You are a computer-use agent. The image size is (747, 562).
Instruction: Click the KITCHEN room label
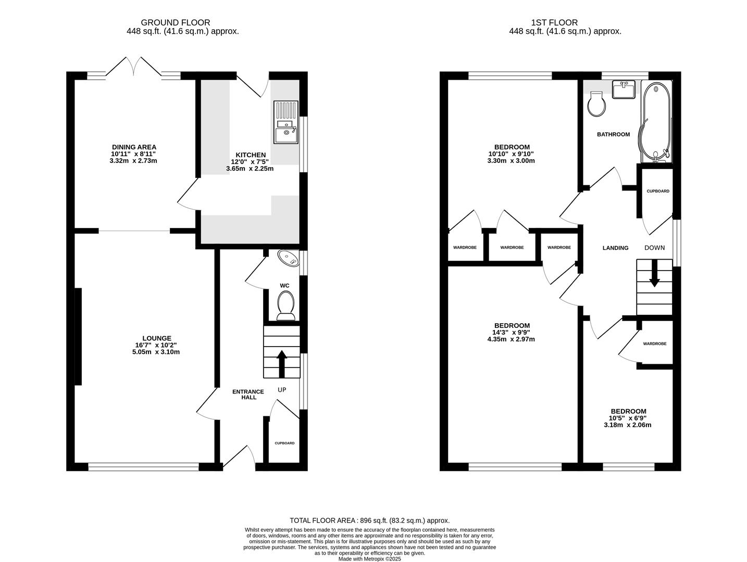tap(251, 155)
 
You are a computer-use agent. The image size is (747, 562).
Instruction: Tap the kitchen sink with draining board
tap(285, 122)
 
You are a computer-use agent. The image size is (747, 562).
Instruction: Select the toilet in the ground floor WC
tap(285, 305)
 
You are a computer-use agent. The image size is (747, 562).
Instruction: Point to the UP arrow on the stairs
tap(281, 364)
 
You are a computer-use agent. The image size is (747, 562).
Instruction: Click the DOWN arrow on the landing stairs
tap(654, 274)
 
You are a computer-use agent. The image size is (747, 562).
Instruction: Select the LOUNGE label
tap(157, 338)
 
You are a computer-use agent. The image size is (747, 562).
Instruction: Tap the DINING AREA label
tap(134, 147)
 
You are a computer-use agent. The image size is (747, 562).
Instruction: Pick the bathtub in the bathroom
tap(656, 122)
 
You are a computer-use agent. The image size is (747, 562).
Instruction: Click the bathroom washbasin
tap(624, 90)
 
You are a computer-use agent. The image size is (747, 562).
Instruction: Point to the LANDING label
tap(615, 248)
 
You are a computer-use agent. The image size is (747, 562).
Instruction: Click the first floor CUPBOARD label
tap(658, 191)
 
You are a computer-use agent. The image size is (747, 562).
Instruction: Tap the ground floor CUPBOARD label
tap(284, 443)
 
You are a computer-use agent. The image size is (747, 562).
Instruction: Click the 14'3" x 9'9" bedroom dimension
tap(511, 332)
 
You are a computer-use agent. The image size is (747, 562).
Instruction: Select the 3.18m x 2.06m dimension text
tap(628, 425)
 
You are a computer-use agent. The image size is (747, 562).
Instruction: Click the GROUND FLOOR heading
tap(175, 22)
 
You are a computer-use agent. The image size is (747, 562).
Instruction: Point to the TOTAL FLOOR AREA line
tap(369, 520)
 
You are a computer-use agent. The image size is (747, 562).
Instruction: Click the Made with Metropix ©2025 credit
tap(369, 558)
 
